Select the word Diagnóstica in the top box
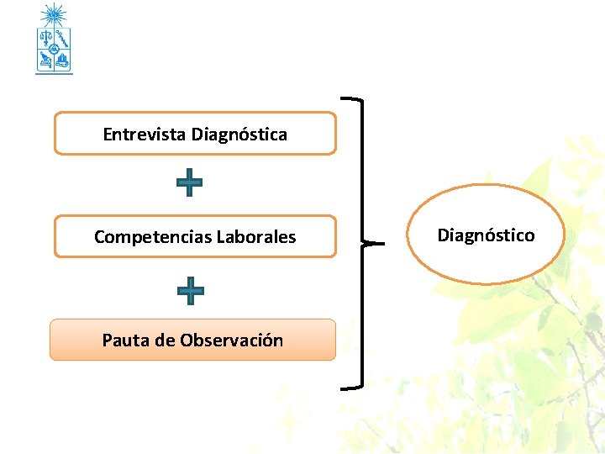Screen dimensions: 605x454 [239, 135]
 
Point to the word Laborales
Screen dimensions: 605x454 [256, 237]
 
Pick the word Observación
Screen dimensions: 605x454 [231, 340]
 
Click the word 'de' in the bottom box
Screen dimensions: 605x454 [165, 340]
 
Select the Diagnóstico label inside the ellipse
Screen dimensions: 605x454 [486, 235]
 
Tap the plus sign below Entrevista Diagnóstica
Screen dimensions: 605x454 [190, 182]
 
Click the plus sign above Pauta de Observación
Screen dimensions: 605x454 [191, 290]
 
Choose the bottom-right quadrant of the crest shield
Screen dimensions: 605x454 [62, 59]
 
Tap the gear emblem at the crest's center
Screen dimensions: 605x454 [54, 50]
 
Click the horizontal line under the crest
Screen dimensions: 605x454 [54, 74]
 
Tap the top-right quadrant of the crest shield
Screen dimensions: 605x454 [62, 39]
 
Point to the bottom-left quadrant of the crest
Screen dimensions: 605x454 [45, 59]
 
